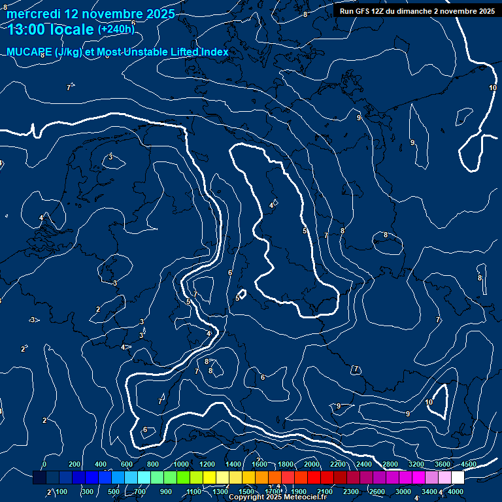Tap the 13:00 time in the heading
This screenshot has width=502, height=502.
[x=27, y=29]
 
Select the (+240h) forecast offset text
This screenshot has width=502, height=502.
[x=116, y=29]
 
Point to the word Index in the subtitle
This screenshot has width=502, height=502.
[x=212, y=52]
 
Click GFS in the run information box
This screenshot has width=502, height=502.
[x=363, y=11]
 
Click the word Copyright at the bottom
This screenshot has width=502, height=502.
[x=246, y=497]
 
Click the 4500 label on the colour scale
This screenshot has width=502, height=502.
[x=469, y=464]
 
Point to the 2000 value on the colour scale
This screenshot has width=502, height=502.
[x=312, y=464]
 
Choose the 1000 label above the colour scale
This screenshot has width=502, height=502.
[x=181, y=464]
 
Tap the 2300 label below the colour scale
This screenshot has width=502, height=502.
[x=351, y=492]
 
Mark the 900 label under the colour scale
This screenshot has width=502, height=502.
[x=165, y=492]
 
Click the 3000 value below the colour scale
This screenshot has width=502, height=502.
[x=403, y=492]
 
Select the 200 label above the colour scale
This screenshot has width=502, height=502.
[x=74, y=464]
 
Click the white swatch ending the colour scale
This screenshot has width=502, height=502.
[x=458, y=478]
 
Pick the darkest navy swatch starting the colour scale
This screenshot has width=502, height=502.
[x=39, y=478]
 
